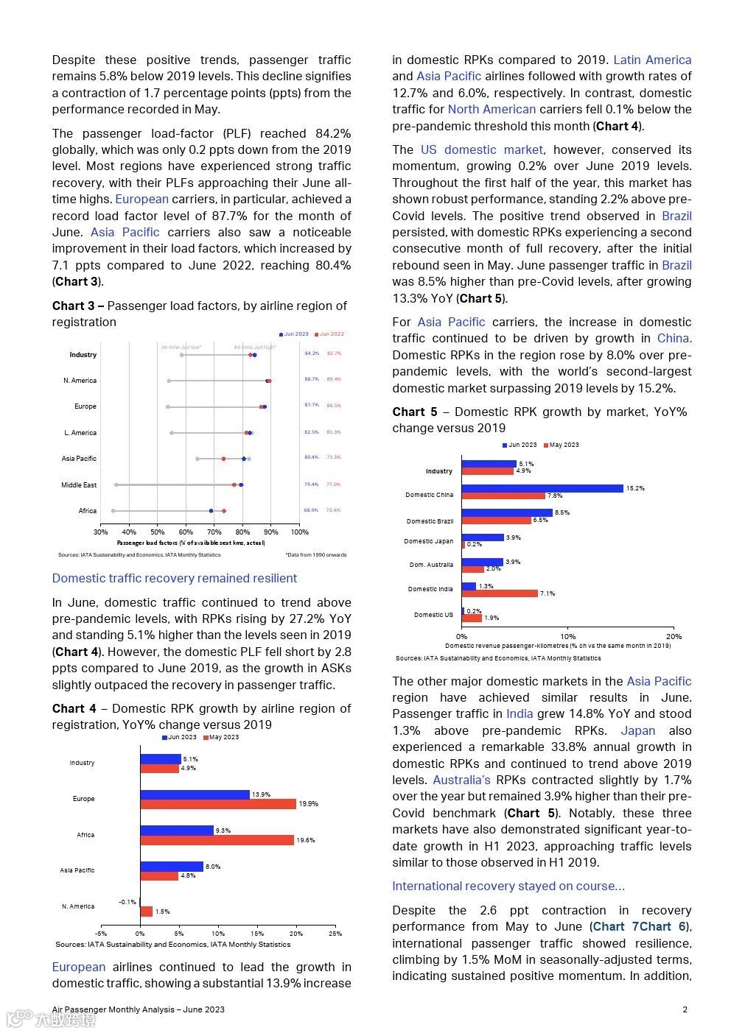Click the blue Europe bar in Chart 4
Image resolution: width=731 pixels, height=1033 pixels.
pyautogui.click(x=195, y=794)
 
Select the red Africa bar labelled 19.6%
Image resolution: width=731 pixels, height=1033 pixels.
pyautogui.click(x=217, y=840)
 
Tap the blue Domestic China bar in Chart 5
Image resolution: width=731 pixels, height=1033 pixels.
pyautogui.click(x=542, y=488)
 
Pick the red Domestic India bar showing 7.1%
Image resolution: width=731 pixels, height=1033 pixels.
pyautogui.click(x=500, y=593)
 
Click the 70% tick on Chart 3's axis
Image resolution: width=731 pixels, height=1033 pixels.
pyautogui.click(x=214, y=532)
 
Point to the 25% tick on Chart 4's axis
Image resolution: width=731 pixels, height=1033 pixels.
pyautogui.click(x=335, y=934)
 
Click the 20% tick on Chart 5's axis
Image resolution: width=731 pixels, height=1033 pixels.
pyautogui.click(x=674, y=636)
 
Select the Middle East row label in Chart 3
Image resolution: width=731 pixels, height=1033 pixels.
pyautogui.click(x=79, y=485)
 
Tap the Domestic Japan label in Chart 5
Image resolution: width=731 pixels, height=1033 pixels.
pyautogui.click(x=429, y=541)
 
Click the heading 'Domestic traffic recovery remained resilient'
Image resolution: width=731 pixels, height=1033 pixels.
pyautogui.click(x=175, y=578)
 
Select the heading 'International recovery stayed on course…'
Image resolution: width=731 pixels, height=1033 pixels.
pyautogui.click(x=508, y=886)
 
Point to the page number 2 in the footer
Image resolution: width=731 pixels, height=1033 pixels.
pyautogui.click(x=685, y=1009)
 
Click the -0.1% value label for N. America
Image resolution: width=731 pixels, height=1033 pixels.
pyautogui.click(x=127, y=902)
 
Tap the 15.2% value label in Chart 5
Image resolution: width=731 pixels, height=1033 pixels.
pyautogui.click(x=635, y=488)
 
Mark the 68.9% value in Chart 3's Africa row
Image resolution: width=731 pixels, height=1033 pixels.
pyautogui.click(x=312, y=510)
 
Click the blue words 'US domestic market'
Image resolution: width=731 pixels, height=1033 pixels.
pyautogui.click(x=482, y=149)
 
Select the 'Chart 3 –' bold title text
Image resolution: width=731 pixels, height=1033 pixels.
pyautogui.click(x=78, y=306)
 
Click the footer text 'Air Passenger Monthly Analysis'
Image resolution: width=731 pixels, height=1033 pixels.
pyautogui.click(x=111, y=1009)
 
